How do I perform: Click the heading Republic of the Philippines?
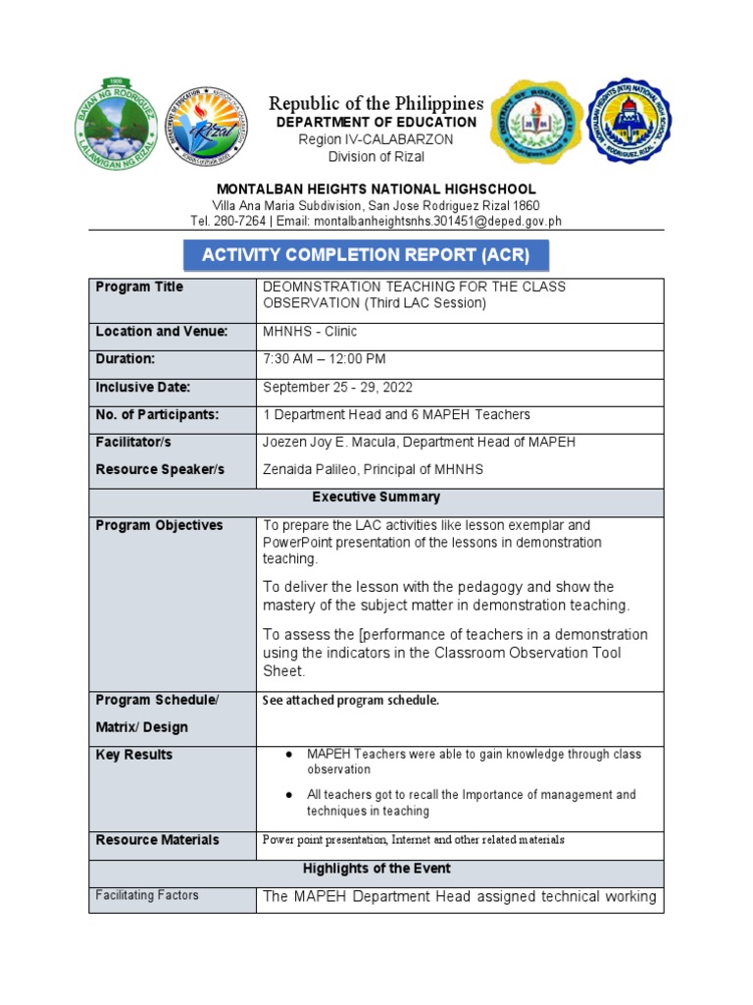pyautogui.click(x=376, y=103)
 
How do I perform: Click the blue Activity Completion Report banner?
pyautogui.click(x=366, y=255)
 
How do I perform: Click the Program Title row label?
pyautogui.click(x=139, y=287)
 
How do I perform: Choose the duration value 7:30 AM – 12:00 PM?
pyautogui.click(x=325, y=359)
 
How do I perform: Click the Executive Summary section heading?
pyautogui.click(x=376, y=498)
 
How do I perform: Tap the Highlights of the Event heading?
pyautogui.click(x=376, y=869)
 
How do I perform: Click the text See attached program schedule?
pyautogui.click(x=351, y=701)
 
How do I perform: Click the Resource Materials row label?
pyautogui.click(x=157, y=840)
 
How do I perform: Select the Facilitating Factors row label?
pyautogui.click(x=146, y=895)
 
